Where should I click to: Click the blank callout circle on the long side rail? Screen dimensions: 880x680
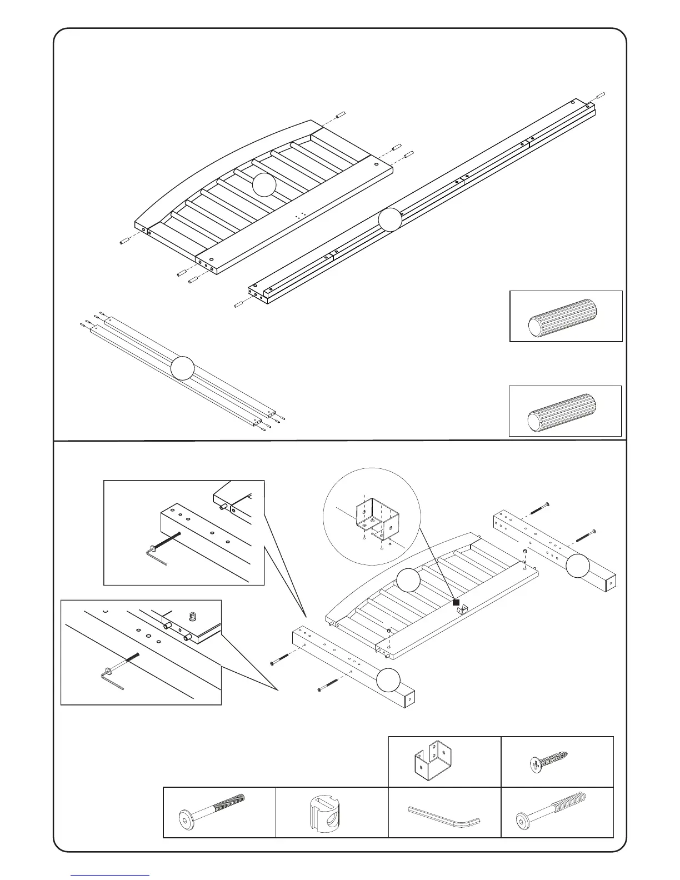pos(390,220)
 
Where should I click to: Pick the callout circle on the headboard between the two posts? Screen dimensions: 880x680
pos(409,580)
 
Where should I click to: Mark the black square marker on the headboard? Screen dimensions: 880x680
pos(456,602)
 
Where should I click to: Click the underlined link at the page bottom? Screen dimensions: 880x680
pos(111,875)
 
